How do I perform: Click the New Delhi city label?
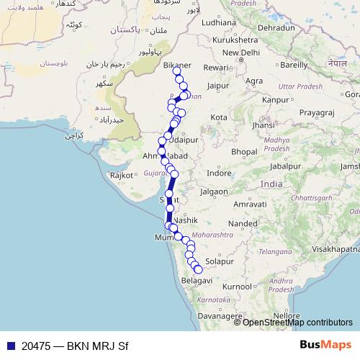241,53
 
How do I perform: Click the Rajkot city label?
122,175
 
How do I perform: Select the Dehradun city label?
274,27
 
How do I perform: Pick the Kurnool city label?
238,287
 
